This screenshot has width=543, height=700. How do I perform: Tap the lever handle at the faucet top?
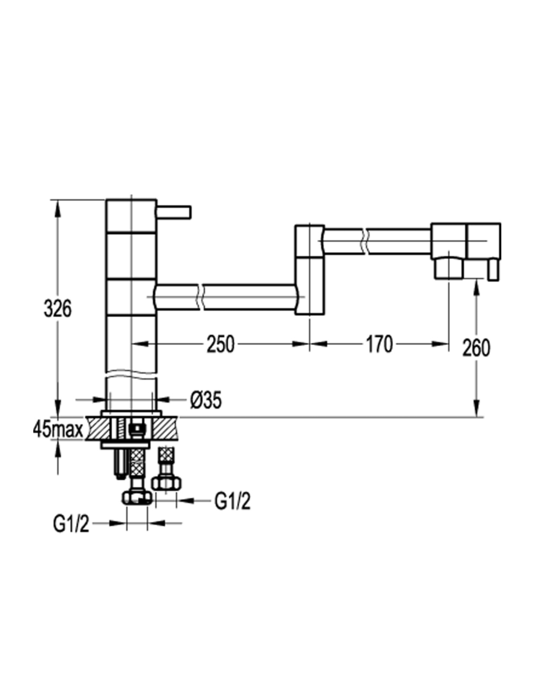click(x=174, y=212)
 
